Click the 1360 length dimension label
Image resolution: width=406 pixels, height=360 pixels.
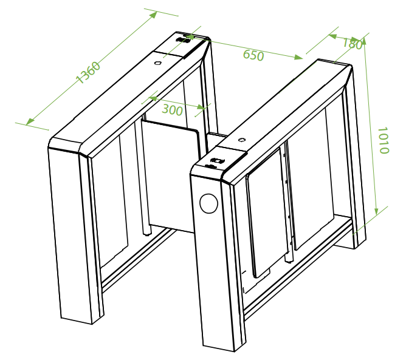click(88, 73)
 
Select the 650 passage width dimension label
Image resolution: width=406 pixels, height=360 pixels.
click(253, 55)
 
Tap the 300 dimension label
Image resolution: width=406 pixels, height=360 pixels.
click(173, 110)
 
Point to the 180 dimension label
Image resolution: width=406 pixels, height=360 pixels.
click(353, 44)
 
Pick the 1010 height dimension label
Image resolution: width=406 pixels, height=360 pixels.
click(384, 140)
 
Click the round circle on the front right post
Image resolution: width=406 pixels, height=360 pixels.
click(208, 203)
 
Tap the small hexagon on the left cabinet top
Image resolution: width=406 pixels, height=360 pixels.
click(157, 63)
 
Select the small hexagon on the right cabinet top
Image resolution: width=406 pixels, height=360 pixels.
click(242, 140)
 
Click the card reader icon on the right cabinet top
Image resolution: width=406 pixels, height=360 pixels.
click(217, 161)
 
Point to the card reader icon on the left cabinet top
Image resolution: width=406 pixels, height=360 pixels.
click(183, 40)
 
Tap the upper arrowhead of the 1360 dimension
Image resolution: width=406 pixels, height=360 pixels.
click(153, 15)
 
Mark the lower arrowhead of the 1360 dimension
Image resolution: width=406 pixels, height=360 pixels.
click(30, 121)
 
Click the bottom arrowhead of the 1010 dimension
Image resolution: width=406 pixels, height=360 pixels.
click(377, 210)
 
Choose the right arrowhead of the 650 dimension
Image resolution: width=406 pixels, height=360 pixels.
click(298, 57)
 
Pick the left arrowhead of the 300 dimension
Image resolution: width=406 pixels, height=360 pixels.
click(153, 98)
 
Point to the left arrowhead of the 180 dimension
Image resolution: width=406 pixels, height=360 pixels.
click(333, 36)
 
